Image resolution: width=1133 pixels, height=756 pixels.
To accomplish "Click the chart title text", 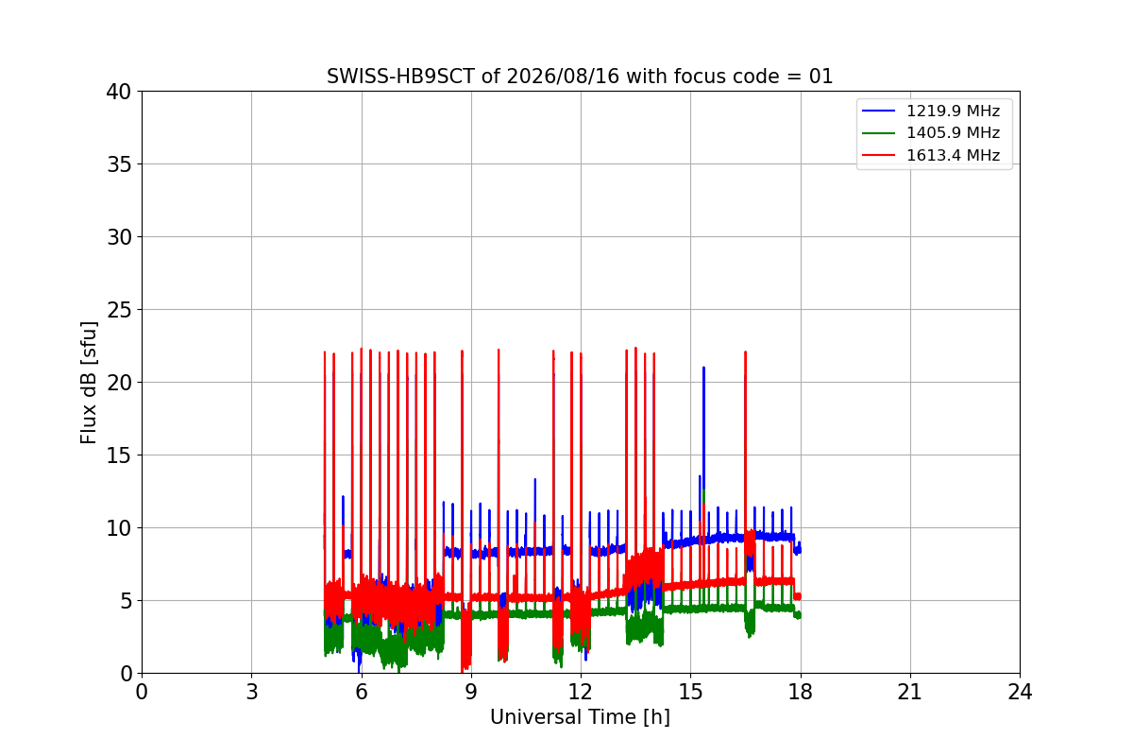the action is (580, 77).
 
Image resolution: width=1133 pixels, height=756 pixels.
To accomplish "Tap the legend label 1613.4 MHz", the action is (953, 155).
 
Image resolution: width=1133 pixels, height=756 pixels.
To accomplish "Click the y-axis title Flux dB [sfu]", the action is (89, 383).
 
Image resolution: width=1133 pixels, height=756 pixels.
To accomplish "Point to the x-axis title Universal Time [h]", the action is (580, 717).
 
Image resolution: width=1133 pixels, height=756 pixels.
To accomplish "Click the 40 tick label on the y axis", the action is (119, 92).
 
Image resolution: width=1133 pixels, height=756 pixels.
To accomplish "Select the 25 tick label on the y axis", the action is (119, 310).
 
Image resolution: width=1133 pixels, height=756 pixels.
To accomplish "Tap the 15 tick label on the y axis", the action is (119, 455).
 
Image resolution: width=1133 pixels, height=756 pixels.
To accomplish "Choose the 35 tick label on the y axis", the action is (119, 164).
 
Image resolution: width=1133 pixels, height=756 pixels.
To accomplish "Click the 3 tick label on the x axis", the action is (252, 692).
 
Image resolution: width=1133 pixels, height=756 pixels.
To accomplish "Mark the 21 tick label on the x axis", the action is (910, 692).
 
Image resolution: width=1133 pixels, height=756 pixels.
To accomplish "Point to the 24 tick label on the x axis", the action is (1020, 692).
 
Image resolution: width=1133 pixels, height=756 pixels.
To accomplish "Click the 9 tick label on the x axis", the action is (471, 692).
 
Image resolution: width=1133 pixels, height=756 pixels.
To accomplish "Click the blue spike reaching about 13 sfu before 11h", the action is (535, 511).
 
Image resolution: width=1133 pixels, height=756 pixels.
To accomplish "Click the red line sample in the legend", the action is (879, 155).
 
